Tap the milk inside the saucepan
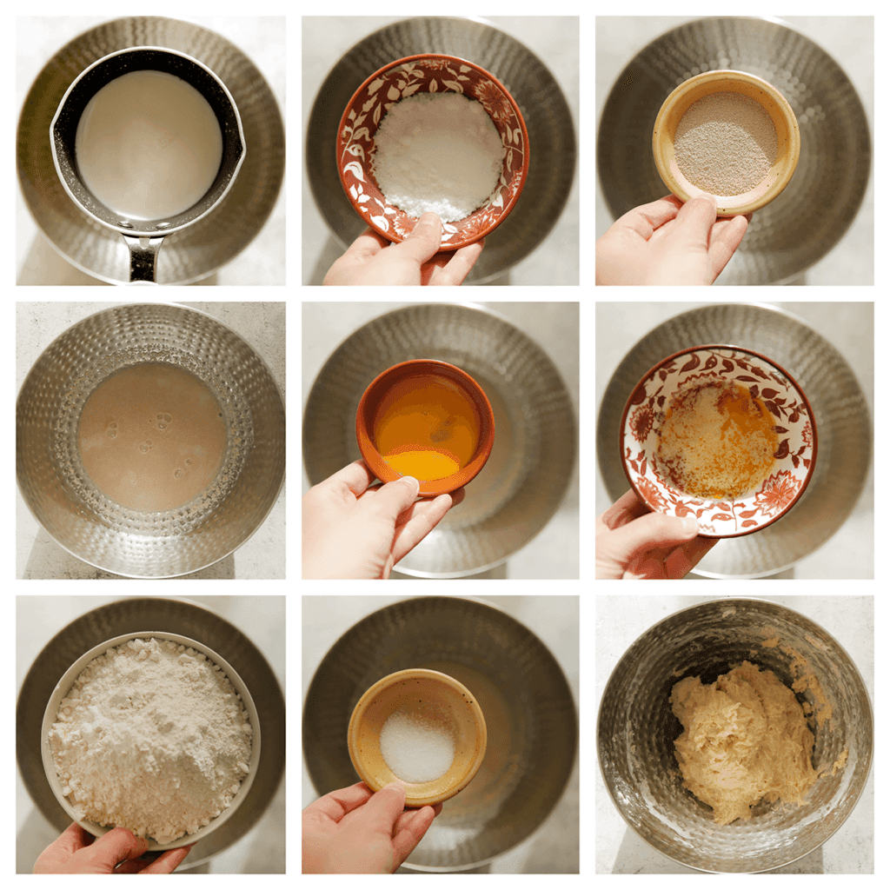[x=148, y=143]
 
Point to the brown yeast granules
[x=726, y=143]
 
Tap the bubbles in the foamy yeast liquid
[x=161, y=422]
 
